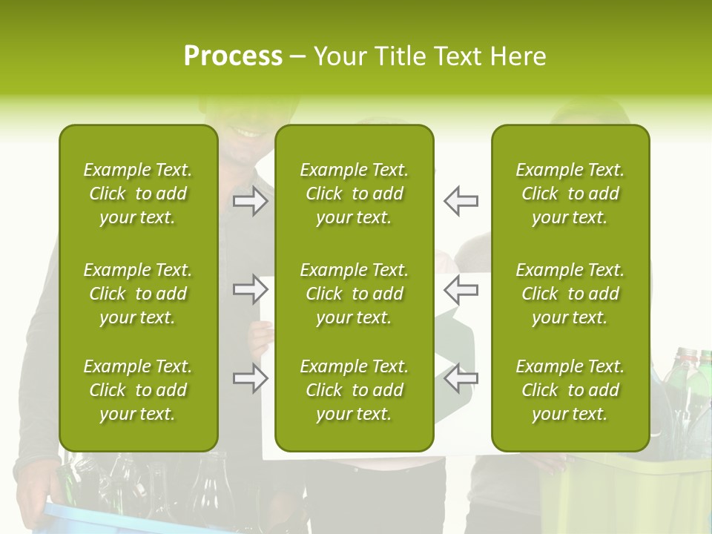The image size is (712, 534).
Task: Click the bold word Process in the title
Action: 233,56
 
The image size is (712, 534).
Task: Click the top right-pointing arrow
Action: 251,200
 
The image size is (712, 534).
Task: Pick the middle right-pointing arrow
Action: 251,290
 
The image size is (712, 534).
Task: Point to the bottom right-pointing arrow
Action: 251,378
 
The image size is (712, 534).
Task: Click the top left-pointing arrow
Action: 461,200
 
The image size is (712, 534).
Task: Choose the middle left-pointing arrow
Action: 461,290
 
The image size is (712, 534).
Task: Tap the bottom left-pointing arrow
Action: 461,378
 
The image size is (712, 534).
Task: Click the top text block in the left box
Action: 138,194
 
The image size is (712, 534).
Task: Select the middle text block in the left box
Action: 138,294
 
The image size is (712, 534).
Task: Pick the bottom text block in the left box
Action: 138,390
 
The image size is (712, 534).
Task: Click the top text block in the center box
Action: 354,194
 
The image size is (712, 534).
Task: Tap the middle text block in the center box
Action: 354,294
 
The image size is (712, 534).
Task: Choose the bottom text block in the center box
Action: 354,390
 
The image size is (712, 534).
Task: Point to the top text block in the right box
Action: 570,194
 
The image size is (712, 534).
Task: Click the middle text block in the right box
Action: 570,294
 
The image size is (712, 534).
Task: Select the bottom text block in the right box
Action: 570,390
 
